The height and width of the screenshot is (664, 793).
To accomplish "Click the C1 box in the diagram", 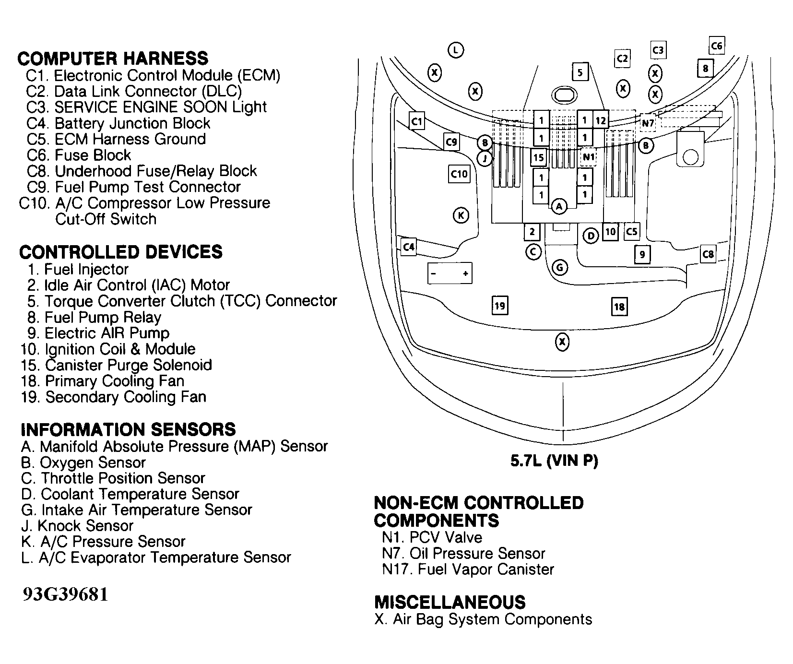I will point(417,121).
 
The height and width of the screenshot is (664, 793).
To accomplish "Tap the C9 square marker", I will point(451,142).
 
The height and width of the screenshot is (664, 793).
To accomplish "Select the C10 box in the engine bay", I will point(459,174).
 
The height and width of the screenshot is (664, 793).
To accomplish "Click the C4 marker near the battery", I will point(408,247).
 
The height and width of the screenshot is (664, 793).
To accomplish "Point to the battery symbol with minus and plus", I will point(449,273).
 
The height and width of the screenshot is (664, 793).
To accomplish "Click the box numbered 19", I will point(500,305).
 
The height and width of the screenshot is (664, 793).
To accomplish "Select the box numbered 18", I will point(619,307).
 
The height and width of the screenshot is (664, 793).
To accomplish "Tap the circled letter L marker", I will point(455,50).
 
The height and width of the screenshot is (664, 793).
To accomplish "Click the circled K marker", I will point(461,215).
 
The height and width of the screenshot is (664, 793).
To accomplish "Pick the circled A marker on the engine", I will point(559,206).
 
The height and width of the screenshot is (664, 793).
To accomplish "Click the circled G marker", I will point(560,267).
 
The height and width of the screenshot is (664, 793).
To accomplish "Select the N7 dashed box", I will point(648,123).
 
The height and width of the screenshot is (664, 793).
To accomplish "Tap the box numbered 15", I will point(539,157).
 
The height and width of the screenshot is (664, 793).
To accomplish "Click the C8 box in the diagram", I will point(708,254).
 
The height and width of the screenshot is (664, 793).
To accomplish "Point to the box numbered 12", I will point(601,120).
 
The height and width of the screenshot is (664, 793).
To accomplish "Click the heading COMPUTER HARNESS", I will point(113,59).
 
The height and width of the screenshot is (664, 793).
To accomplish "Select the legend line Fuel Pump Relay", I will point(103,317).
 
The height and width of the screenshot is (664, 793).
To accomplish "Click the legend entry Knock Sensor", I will point(85,526).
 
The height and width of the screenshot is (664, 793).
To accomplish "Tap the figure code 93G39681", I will point(65,594).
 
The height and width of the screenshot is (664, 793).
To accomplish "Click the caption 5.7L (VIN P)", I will point(554,461).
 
